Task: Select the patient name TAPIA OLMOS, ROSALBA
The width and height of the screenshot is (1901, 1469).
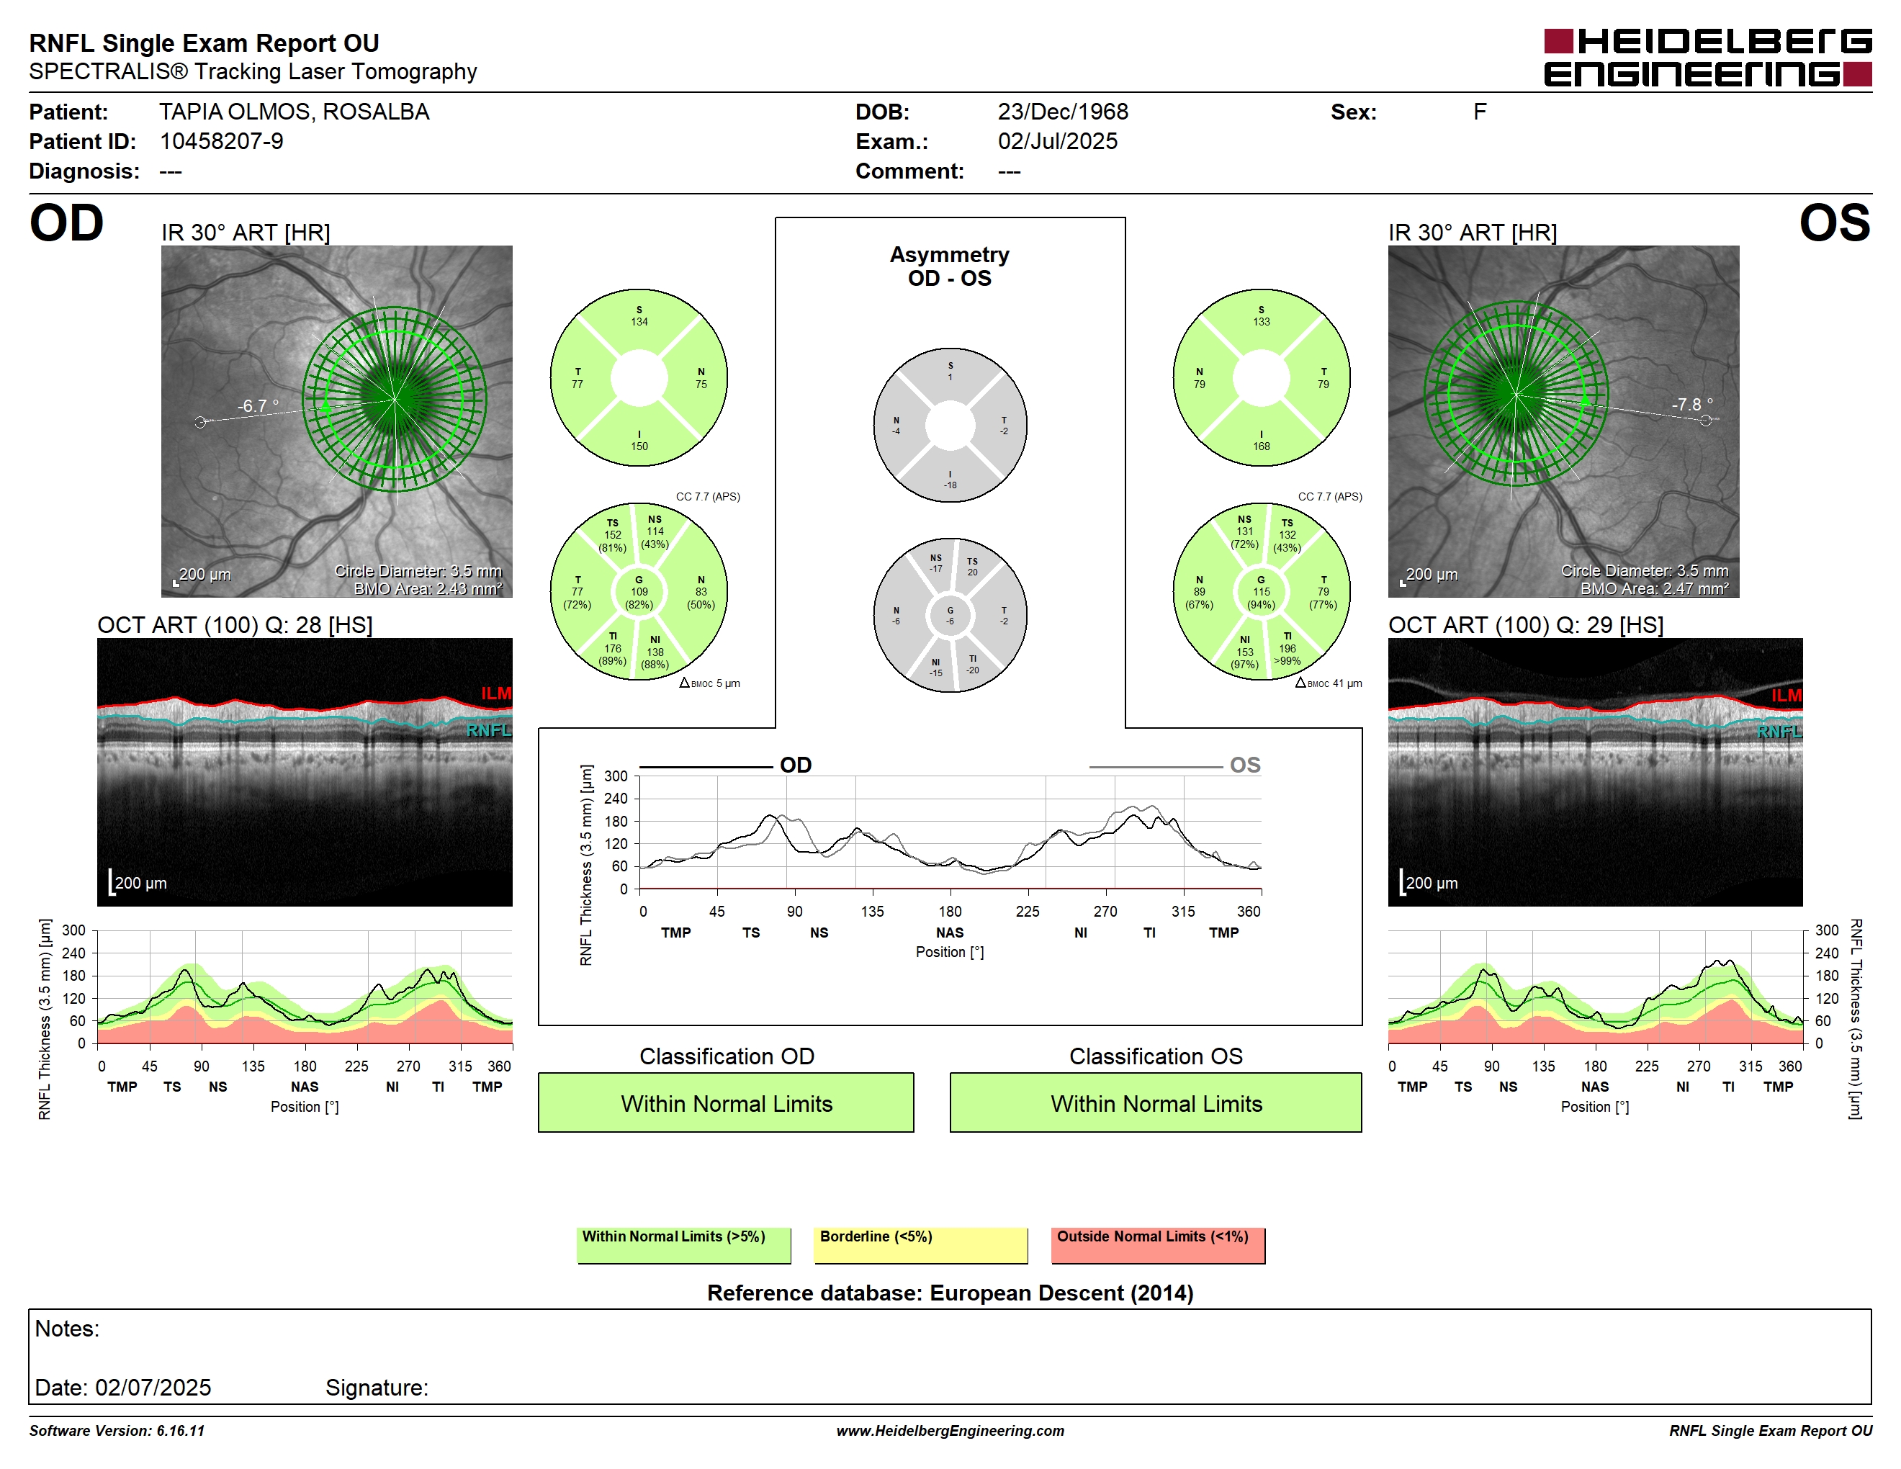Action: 295,112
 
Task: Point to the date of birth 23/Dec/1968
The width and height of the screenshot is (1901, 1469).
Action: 1063,112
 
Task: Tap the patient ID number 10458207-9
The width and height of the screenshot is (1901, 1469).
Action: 221,142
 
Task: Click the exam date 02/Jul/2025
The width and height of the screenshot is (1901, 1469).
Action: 1058,142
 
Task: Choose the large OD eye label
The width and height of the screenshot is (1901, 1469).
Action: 66,224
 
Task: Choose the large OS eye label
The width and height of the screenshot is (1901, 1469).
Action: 1835,224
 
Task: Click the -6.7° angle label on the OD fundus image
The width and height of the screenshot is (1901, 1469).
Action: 259,405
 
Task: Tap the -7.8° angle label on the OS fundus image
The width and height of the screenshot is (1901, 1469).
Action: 1692,405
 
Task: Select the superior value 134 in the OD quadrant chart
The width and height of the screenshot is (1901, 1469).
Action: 639,322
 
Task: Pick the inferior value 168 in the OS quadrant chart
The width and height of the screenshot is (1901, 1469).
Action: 1262,446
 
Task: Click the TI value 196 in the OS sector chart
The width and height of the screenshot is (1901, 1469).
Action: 1287,648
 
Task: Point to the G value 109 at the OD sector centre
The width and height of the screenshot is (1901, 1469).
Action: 639,592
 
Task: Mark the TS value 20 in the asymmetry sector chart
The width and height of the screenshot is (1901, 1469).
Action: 972,572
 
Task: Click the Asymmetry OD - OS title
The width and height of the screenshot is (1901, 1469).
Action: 950,266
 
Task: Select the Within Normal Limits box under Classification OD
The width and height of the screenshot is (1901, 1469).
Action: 726,1102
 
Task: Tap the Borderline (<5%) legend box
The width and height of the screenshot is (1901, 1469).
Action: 920,1245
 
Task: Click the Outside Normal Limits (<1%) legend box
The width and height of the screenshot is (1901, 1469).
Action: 1158,1245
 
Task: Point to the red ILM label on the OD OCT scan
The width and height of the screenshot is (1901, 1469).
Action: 496,693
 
